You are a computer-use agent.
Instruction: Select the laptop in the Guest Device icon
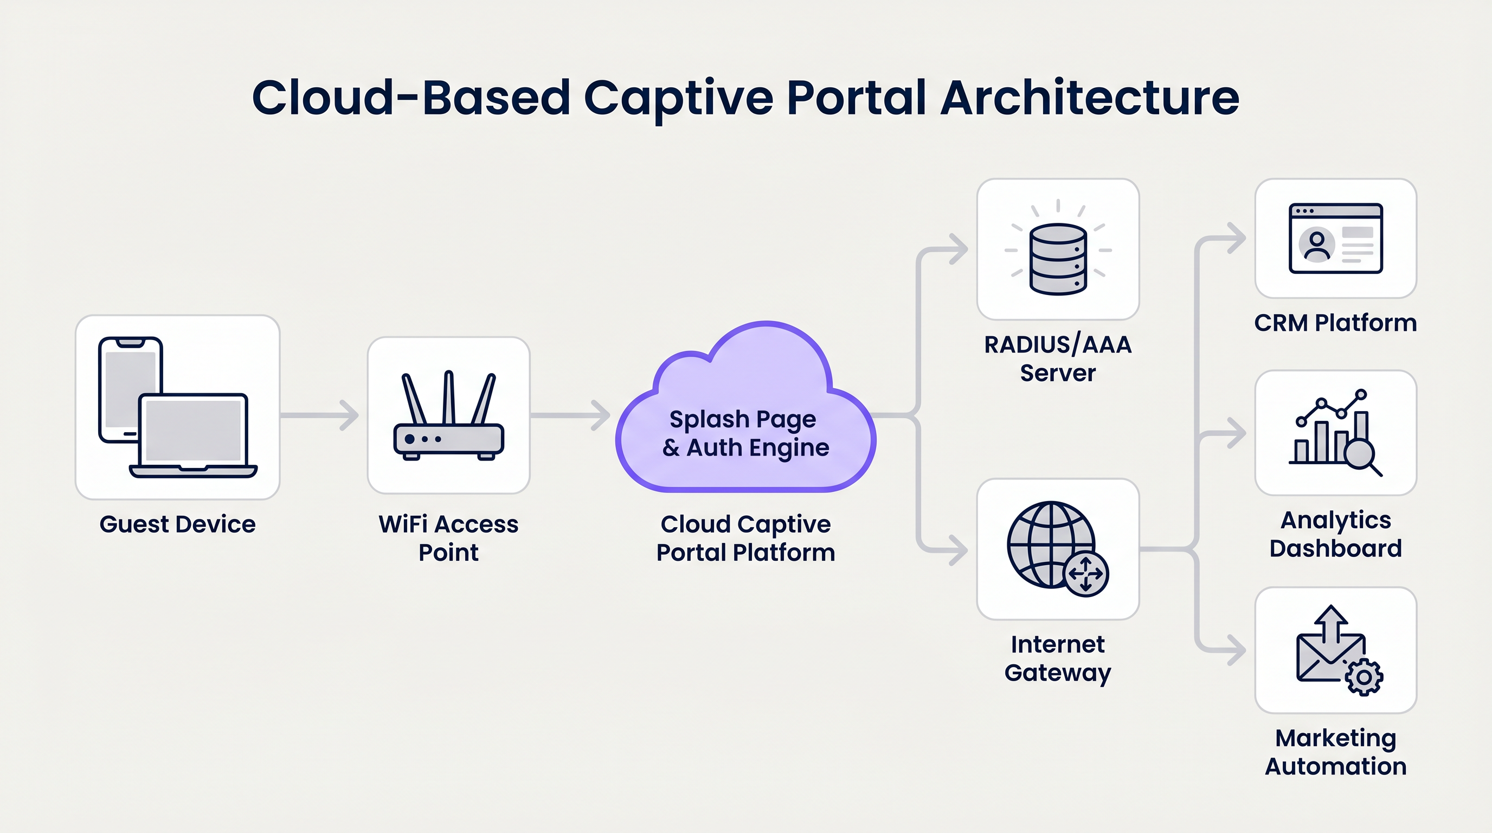(193, 434)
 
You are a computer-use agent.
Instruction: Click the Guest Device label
(177, 524)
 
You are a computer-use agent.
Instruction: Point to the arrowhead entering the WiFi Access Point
(350, 415)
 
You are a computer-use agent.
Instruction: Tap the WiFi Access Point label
(448, 538)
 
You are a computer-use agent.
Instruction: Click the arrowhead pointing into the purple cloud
(602, 415)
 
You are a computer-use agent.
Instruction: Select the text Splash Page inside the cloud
(743, 419)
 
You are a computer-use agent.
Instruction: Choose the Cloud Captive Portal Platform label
(745, 538)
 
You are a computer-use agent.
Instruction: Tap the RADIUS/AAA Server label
(1058, 358)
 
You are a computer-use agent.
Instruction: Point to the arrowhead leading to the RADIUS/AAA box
(959, 249)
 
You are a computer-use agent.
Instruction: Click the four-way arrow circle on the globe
(1086, 573)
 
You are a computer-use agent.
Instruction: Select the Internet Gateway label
(1058, 658)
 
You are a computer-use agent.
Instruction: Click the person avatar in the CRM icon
(1316, 244)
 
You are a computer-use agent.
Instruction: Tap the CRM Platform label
(1335, 323)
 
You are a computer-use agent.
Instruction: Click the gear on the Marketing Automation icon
(1364, 677)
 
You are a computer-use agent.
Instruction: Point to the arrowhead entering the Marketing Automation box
(1238, 650)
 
